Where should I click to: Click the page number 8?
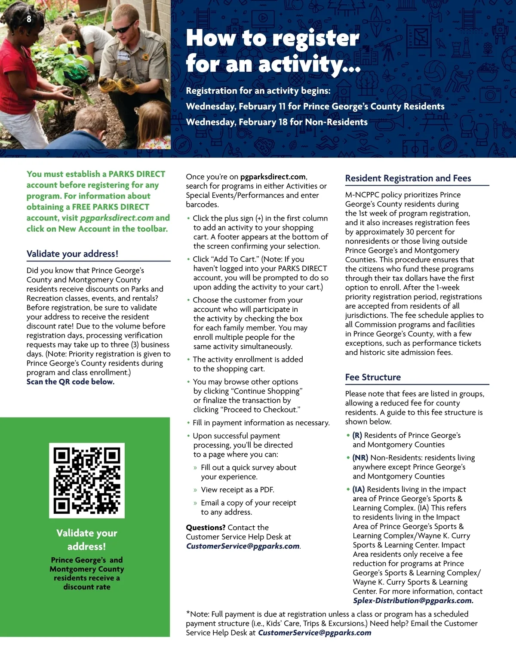(29, 19)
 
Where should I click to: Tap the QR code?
(86, 480)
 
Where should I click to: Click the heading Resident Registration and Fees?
(408, 178)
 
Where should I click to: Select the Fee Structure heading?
(373, 377)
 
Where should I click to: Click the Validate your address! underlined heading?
(72, 254)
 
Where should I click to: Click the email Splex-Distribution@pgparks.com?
(413, 601)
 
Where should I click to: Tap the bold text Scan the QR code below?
(71, 382)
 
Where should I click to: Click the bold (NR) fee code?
(360, 458)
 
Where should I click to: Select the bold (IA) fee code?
(359, 489)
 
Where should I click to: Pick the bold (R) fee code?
(357, 435)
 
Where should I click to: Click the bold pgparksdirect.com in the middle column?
(273, 177)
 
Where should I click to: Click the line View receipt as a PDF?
(237, 490)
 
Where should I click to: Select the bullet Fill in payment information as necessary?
(261, 423)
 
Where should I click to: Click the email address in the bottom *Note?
(314, 633)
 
